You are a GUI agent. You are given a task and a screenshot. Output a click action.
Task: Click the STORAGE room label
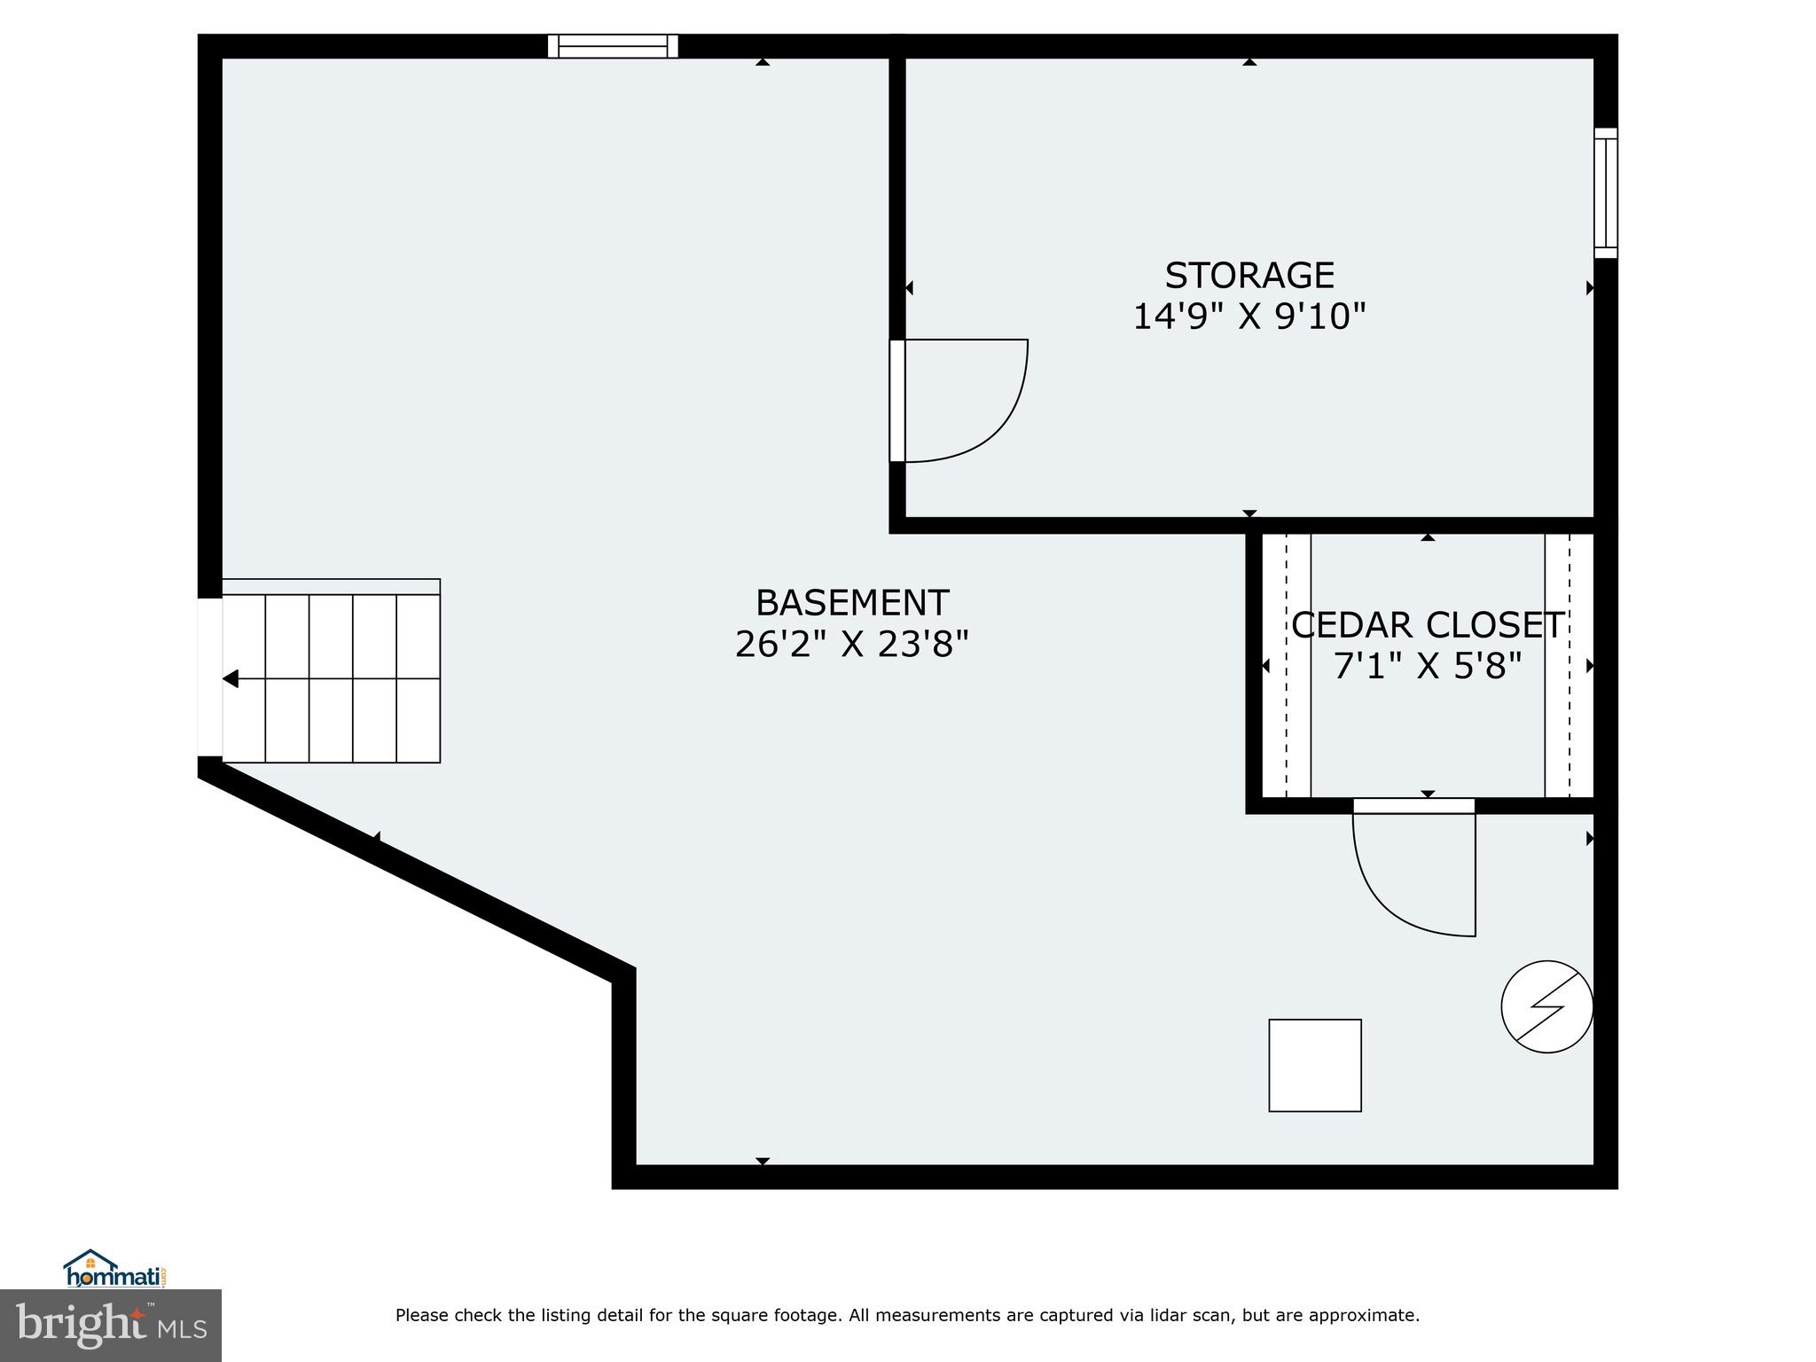(1248, 276)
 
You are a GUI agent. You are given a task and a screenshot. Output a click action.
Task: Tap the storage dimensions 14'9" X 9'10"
(1248, 317)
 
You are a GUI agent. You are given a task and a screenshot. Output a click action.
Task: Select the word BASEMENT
(851, 604)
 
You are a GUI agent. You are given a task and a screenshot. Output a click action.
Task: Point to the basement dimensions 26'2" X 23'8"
(851, 645)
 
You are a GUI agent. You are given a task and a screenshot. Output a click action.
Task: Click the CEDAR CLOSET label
(1427, 626)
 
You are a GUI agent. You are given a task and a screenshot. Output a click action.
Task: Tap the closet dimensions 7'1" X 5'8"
(1427, 666)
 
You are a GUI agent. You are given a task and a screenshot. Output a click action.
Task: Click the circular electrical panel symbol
(1546, 1006)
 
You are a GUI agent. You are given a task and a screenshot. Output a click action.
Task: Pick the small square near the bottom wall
(1314, 1065)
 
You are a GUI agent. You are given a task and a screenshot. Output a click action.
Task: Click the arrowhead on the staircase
(231, 679)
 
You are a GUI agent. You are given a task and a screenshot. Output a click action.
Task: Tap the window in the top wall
(613, 46)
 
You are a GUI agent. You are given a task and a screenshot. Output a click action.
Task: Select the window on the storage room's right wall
(1605, 193)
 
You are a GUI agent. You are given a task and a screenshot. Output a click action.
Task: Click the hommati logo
(114, 1271)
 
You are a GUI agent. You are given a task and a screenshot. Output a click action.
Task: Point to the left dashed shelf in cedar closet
(1287, 666)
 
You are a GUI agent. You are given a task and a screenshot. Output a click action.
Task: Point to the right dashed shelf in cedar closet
(1569, 666)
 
